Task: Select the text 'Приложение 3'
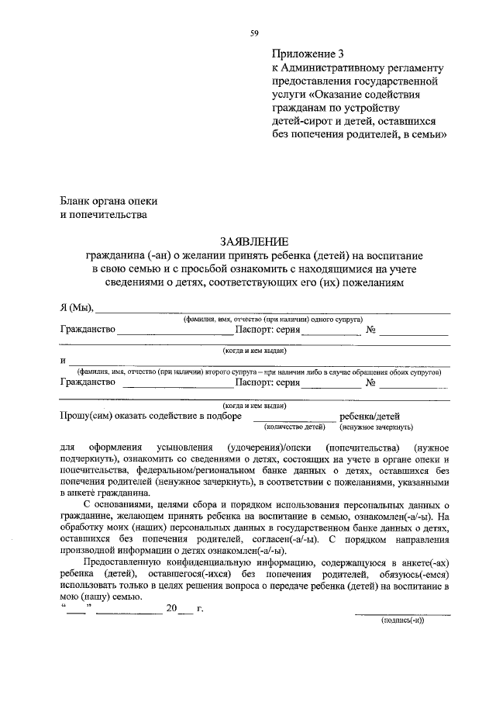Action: pos(307,54)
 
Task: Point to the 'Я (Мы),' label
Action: pos(77,308)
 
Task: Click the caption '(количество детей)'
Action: pos(294,427)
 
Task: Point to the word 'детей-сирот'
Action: pos(301,120)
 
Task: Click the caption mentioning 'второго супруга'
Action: pos(254,372)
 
